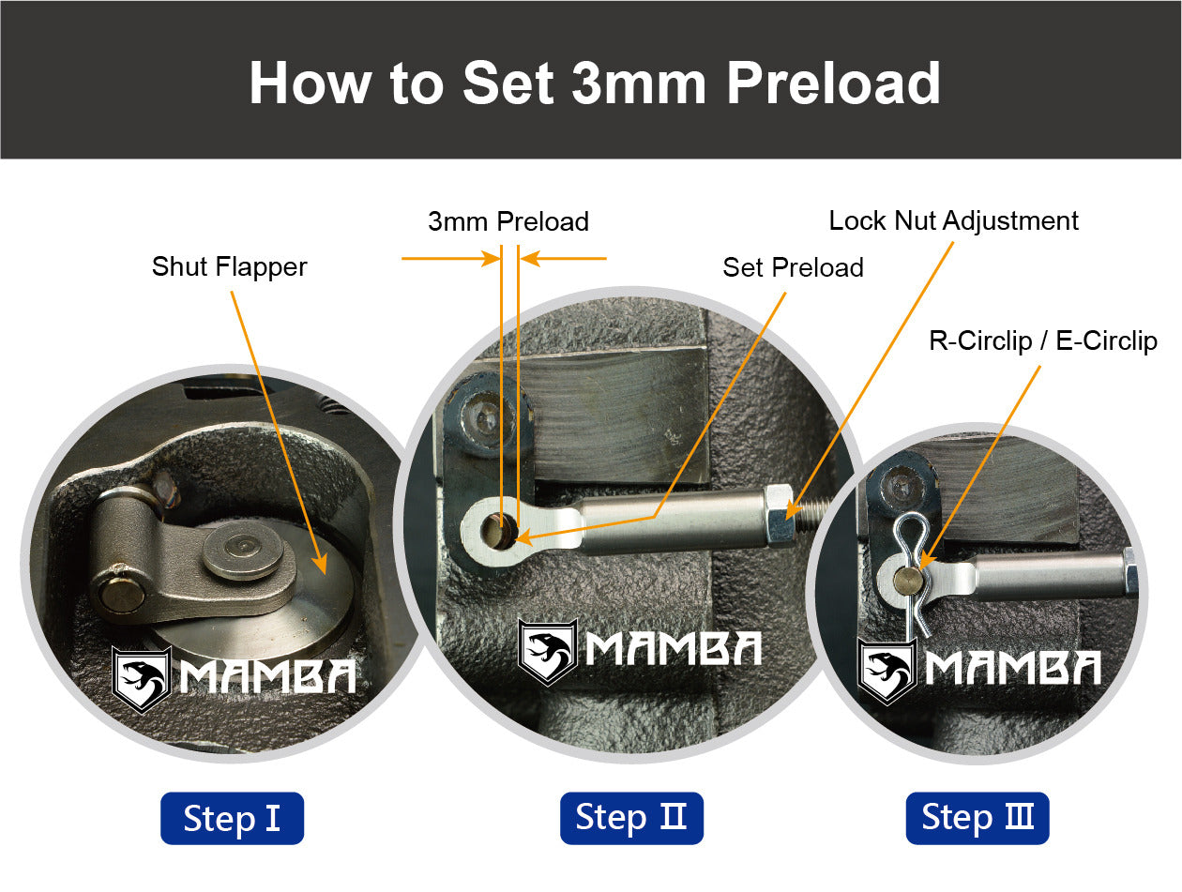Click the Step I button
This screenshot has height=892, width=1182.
pyautogui.click(x=232, y=818)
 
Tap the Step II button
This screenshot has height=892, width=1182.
pyautogui.click(x=631, y=818)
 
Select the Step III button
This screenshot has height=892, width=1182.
pyautogui.click(x=977, y=818)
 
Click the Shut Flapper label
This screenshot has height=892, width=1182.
pyautogui.click(x=230, y=267)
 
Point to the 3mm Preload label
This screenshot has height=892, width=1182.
pyautogui.click(x=508, y=221)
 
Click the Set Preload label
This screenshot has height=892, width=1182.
pyautogui.click(x=794, y=267)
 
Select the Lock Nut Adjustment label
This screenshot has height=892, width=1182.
pyautogui.click(x=953, y=220)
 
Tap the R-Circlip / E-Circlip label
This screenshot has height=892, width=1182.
pyautogui.click(x=1043, y=340)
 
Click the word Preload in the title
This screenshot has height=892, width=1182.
pyautogui.click(x=833, y=83)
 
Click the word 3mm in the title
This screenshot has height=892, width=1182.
pyautogui.click(x=639, y=83)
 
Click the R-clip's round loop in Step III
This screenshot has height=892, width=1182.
pyautogui.click(x=911, y=532)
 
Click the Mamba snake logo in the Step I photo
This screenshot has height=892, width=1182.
pyautogui.click(x=142, y=679)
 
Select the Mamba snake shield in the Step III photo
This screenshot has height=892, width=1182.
pyautogui.click(x=886, y=672)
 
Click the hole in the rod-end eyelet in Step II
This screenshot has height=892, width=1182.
pyautogui.click(x=500, y=530)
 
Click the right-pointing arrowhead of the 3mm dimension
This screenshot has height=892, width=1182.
pyautogui.click(x=492, y=258)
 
